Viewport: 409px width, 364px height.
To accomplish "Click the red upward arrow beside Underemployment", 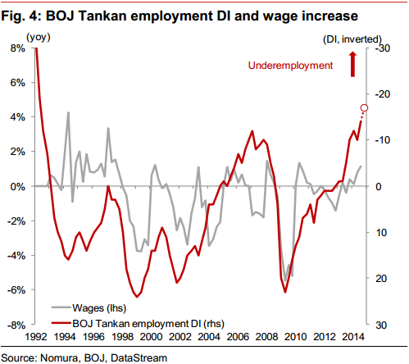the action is click(352, 65).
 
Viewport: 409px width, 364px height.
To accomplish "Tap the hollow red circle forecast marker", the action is click(364, 108).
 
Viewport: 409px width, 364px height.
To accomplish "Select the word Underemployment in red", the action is click(290, 66).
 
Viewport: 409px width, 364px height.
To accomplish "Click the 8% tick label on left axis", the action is click(18, 48).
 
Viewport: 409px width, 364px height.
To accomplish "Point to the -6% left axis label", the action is click(16, 290).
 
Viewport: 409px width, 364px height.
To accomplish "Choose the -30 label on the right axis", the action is click(383, 48).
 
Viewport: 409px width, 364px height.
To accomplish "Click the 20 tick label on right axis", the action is click(381, 279).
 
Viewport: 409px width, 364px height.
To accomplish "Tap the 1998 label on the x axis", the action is click(122, 337).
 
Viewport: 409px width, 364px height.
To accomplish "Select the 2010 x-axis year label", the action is click(295, 337).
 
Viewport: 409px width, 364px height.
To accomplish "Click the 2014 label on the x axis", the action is click(353, 337).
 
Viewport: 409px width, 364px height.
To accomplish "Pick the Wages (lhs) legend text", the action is click(99, 308).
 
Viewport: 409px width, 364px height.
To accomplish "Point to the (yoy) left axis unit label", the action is click(39, 37).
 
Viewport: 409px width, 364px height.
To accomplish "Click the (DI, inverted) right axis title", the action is click(352, 39).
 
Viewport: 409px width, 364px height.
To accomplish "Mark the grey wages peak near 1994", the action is click(68, 112).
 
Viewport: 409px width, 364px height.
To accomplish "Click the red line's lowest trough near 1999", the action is click(137, 297).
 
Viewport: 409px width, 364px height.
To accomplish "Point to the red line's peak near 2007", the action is click(252, 131).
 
